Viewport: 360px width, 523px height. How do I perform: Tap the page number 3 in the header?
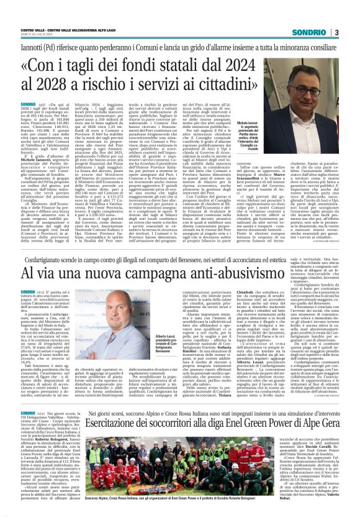coord(336,32)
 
